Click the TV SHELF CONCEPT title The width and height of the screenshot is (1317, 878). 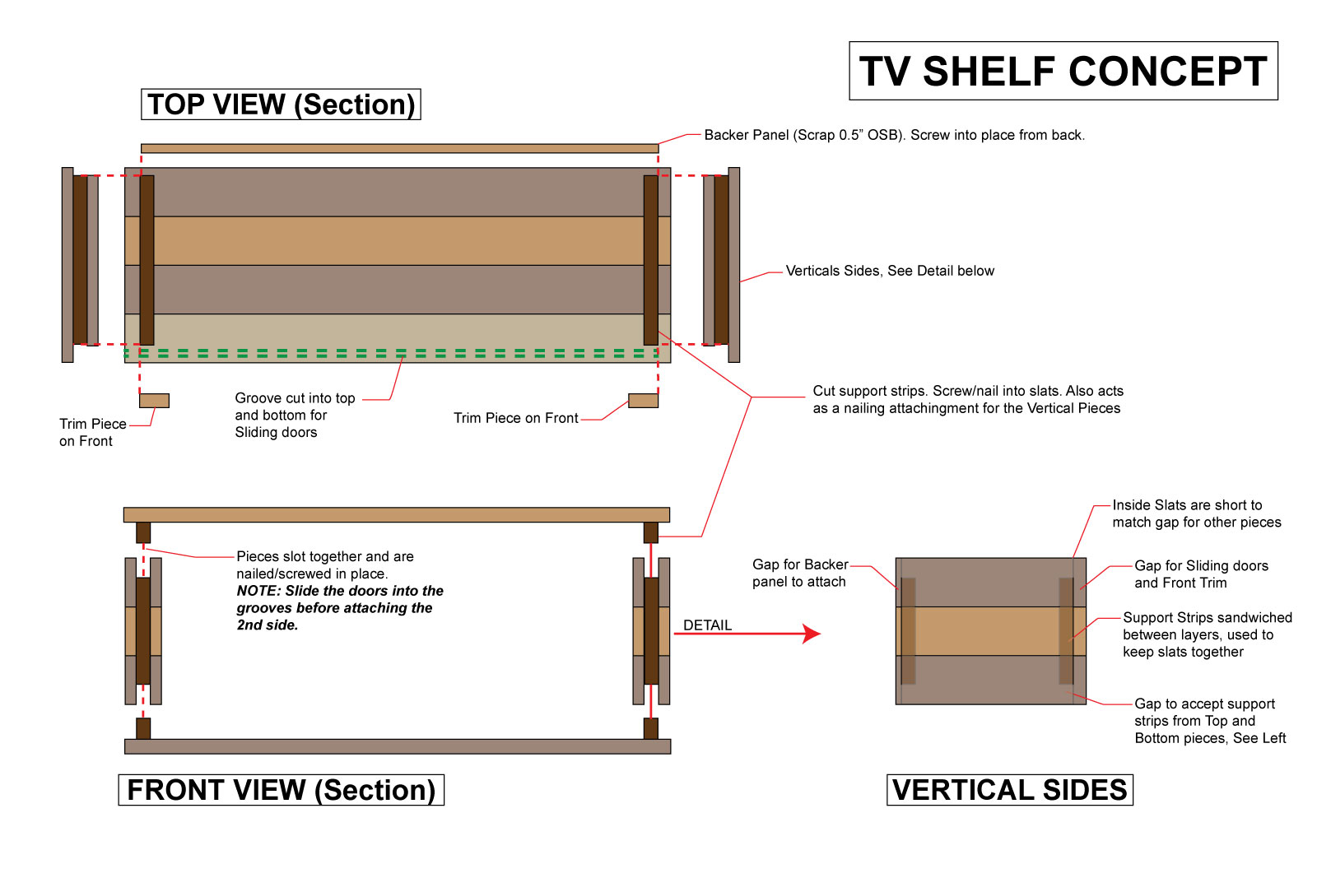click(1063, 72)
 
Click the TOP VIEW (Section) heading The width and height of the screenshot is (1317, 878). click(281, 105)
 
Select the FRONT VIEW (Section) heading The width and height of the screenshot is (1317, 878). click(281, 790)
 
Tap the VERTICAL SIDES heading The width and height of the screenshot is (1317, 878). click(1009, 790)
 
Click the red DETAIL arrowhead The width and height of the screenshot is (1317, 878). click(812, 634)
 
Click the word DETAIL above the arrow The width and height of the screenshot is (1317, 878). click(707, 625)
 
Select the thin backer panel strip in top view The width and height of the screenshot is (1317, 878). click(399, 149)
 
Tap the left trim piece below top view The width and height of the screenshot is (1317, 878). click(154, 401)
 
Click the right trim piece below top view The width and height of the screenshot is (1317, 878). click(643, 401)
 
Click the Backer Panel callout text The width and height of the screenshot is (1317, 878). click(894, 135)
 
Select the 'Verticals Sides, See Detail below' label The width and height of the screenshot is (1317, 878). click(889, 271)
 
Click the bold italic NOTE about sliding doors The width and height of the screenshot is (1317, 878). click(339, 608)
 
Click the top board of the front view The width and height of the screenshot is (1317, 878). click(396, 515)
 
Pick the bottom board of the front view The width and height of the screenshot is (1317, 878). click(398, 746)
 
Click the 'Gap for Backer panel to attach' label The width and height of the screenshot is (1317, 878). click(799, 573)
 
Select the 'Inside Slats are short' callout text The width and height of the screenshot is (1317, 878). click(1196, 513)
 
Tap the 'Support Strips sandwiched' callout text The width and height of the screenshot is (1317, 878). click(1207, 634)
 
